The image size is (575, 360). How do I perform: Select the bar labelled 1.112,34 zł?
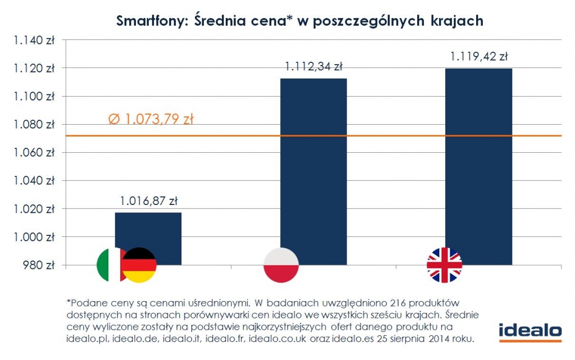point(313,168)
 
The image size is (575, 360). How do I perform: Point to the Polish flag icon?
point(281,265)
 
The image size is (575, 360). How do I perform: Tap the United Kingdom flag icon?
point(444,265)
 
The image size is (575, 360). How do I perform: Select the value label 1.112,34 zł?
point(313,67)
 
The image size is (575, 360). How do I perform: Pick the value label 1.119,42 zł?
point(479,56)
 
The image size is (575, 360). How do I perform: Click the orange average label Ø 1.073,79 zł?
point(150,120)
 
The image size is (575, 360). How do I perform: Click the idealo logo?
point(530,331)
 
